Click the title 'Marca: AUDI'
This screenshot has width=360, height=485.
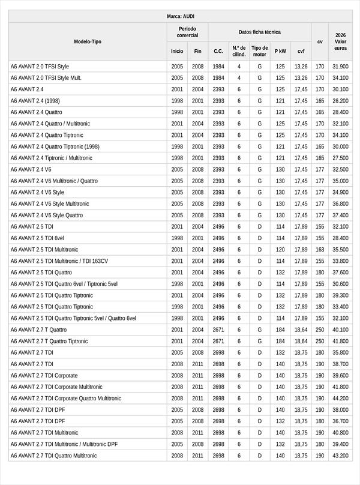(180, 16)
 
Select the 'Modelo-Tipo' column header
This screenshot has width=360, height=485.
(88, 42)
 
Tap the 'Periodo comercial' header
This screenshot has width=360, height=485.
(187, 32)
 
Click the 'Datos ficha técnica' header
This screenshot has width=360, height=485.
(259, 32)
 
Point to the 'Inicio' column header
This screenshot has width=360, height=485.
(177, 52)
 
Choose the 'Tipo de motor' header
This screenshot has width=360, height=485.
(260, 52)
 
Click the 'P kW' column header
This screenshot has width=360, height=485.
(280, 52)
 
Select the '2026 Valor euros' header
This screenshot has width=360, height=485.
(341, 42)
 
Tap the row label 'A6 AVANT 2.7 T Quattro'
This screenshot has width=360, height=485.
(38, 330)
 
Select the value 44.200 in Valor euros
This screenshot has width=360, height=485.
(340, 399)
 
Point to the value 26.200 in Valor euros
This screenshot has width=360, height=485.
(340, 101)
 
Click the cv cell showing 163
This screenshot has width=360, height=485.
(320, 250)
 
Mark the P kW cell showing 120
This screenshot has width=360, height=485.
(280, 250)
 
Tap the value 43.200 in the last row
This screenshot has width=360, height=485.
(340, 456)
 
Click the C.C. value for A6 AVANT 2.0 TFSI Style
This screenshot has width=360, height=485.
(218, 67)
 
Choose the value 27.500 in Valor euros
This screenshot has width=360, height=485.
(340, 158)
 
